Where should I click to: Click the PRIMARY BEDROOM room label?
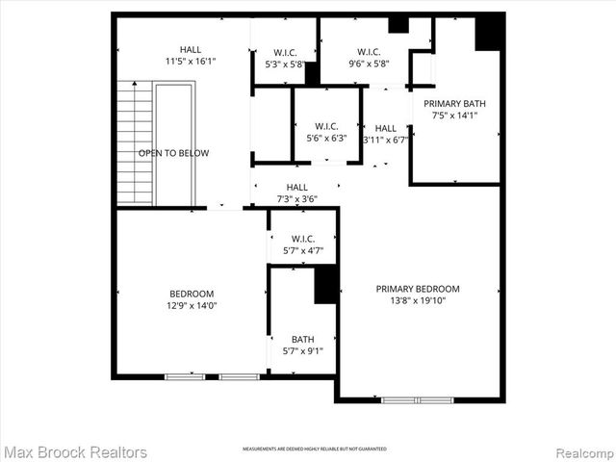[418, 289]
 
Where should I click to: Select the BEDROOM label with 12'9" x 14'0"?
[192, 294]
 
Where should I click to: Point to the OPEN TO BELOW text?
[173, 153]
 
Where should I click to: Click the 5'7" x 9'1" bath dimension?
[302, 351]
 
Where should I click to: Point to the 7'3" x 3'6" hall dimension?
[296, 199]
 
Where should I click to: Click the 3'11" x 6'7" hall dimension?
[386, 140]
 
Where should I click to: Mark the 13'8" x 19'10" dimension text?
[418, 301]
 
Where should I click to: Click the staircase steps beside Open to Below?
[135, 144]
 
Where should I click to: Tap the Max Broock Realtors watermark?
[75, 451]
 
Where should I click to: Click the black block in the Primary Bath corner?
[489, 33]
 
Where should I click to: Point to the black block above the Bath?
[327, 284]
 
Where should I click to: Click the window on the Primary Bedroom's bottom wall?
[417, 398]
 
